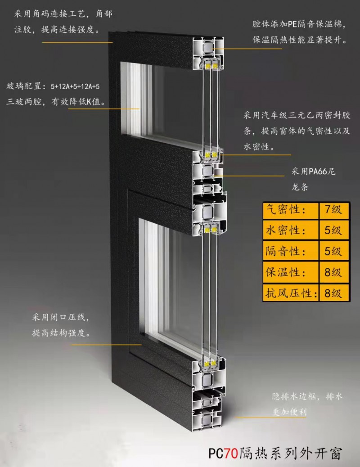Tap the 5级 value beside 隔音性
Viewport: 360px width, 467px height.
point(333,251)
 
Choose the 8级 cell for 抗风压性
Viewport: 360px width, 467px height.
point(333,293)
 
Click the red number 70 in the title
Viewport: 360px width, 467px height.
point(231,453)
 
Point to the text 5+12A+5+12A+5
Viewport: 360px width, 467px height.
point(75,86)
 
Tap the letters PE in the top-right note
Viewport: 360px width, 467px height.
point(292,24)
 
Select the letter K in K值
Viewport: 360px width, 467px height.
point(89,102)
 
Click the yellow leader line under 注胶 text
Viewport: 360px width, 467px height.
point(77,43)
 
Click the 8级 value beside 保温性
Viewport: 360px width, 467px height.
point(333,272)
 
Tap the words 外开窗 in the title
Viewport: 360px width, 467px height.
point(324,453)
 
